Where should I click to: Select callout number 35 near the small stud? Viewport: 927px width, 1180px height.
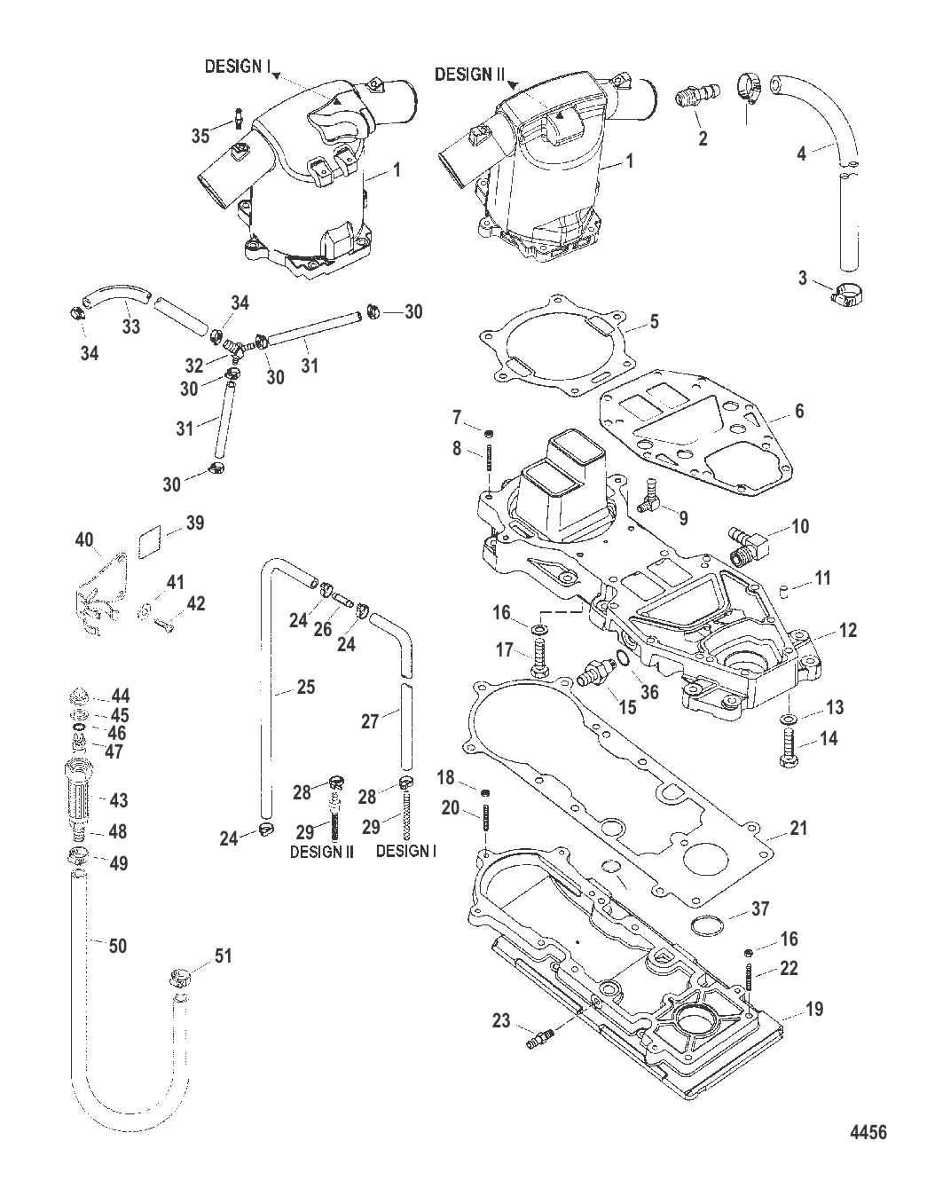[201, 135]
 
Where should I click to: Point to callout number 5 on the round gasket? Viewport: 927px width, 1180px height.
[654, 321]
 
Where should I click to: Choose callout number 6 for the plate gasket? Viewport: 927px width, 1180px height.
[798, 412]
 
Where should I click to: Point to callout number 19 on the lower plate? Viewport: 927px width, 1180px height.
[813, 1009]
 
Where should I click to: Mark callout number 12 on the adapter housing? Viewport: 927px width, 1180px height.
[847, 631]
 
